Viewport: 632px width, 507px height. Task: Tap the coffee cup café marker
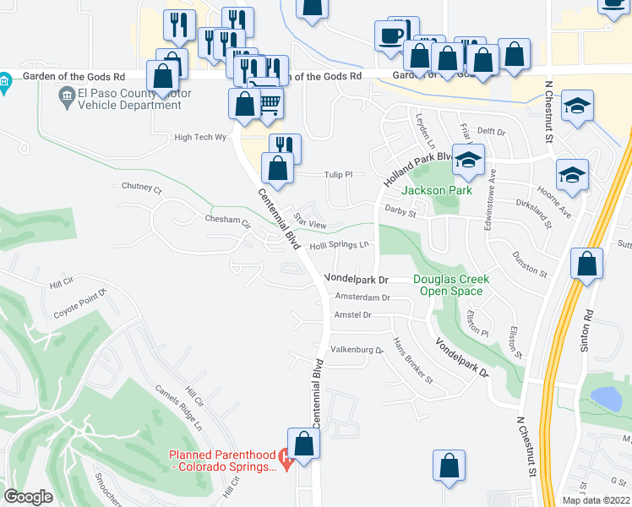[391, 36]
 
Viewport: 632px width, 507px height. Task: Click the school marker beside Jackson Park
[467, 160]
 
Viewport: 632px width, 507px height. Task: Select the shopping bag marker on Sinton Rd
[586, 264]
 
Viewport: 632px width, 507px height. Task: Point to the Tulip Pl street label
[337, 174]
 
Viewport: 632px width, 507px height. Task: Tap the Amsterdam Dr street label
[362, 297]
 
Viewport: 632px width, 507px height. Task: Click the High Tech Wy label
[201, 137]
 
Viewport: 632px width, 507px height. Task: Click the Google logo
[28, 497]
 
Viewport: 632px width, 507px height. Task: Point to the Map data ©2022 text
[596, 499]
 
